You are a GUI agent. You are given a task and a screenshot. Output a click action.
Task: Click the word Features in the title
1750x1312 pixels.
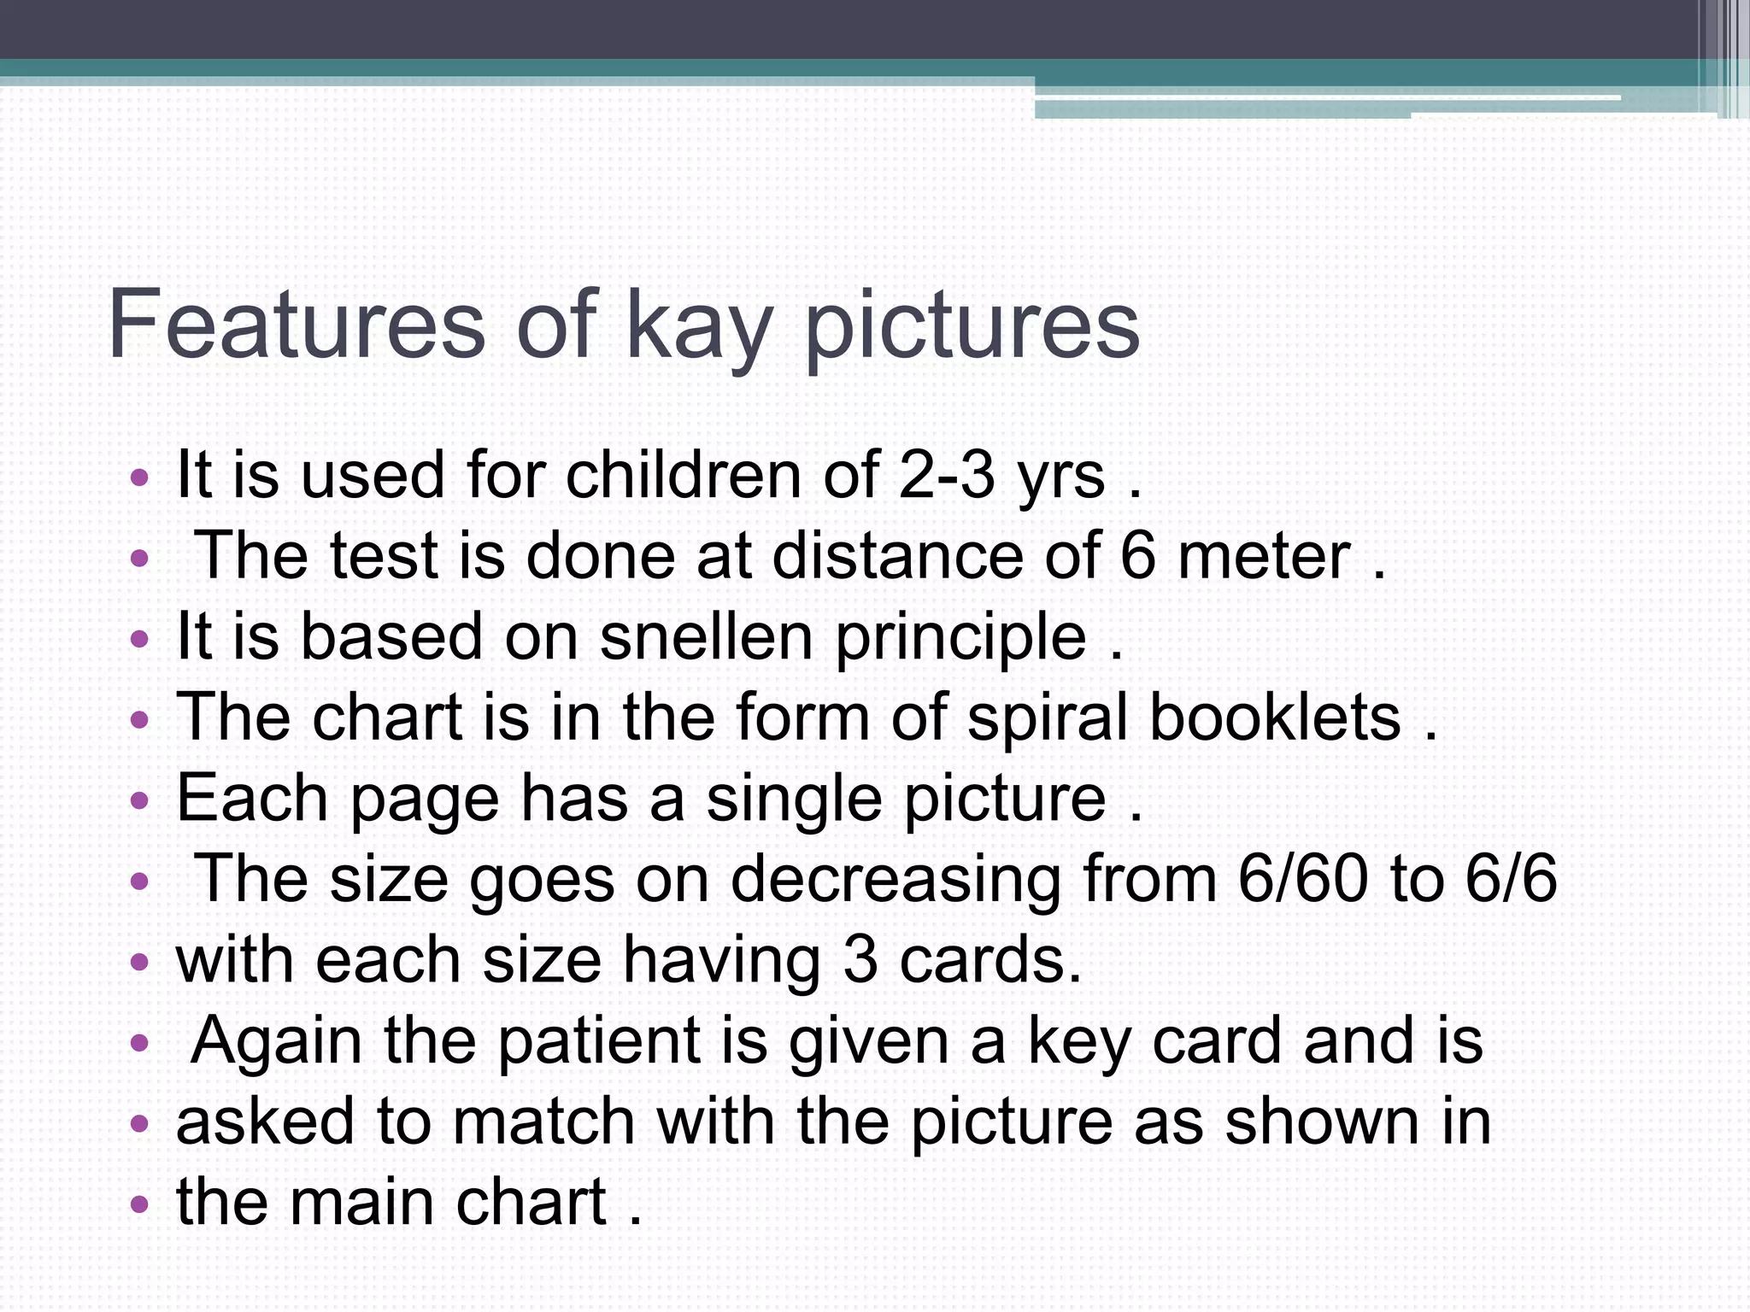pos(297,325)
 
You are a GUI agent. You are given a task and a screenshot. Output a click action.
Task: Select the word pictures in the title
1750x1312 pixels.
pos(972,329)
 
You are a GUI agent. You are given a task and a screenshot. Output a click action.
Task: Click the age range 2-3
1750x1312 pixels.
pos(947,475)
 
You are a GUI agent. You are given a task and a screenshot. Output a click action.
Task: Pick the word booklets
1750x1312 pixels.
pos(1275,717)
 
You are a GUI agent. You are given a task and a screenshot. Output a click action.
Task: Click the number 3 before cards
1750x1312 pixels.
pos(860,959)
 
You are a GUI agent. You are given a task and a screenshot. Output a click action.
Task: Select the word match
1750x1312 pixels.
pos(543,1121)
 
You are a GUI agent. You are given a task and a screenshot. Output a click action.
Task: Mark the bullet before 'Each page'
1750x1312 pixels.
pos(139,800)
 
